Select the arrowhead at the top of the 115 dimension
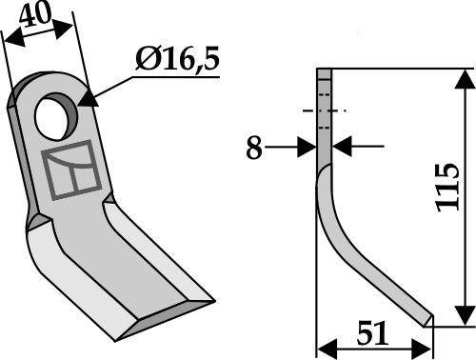464,75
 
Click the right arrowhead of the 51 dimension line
427,347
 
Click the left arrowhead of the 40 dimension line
10,40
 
